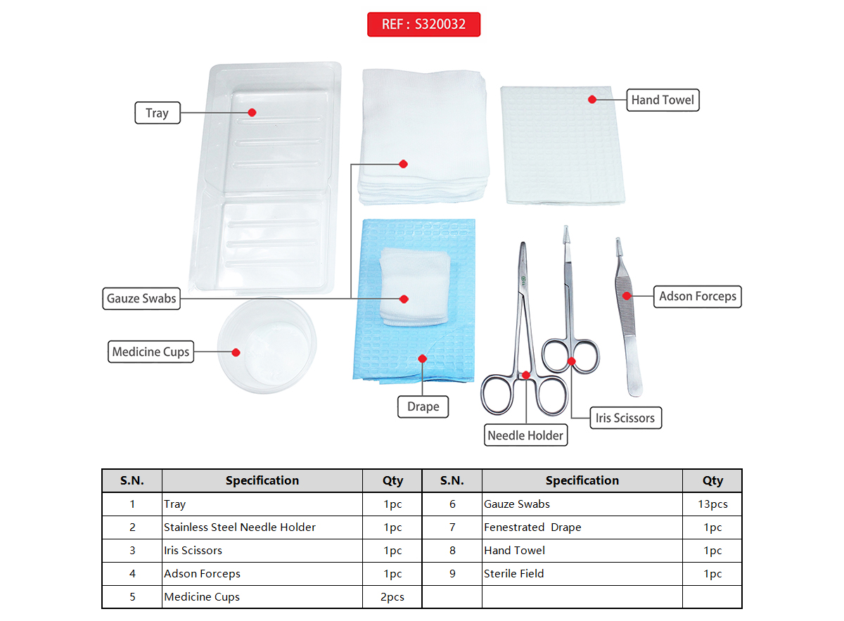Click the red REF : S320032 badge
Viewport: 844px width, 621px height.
tap(423, 24)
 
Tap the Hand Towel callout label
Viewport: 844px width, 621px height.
tap(662, 100)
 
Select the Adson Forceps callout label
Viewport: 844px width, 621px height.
tap(697, 296)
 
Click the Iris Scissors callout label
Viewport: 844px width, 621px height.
tap(625, 418)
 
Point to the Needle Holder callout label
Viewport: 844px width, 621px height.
tap(525, 435)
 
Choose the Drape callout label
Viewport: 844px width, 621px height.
tap(423, 406)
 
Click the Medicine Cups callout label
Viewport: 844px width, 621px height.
tap(151, 352)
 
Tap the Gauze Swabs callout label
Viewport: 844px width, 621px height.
tap(141, 298)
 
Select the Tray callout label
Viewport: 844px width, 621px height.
tap(157, 113)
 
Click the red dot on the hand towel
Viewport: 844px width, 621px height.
tap(592, 100)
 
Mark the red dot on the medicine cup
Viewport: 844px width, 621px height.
tap(236, 352)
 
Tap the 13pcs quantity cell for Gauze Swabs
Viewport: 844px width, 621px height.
tap(712, 504)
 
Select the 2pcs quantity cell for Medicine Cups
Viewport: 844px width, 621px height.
tap(392, 597)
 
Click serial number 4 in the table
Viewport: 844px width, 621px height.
tap(132, 574)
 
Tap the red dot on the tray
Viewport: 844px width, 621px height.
tap(252, 113)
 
